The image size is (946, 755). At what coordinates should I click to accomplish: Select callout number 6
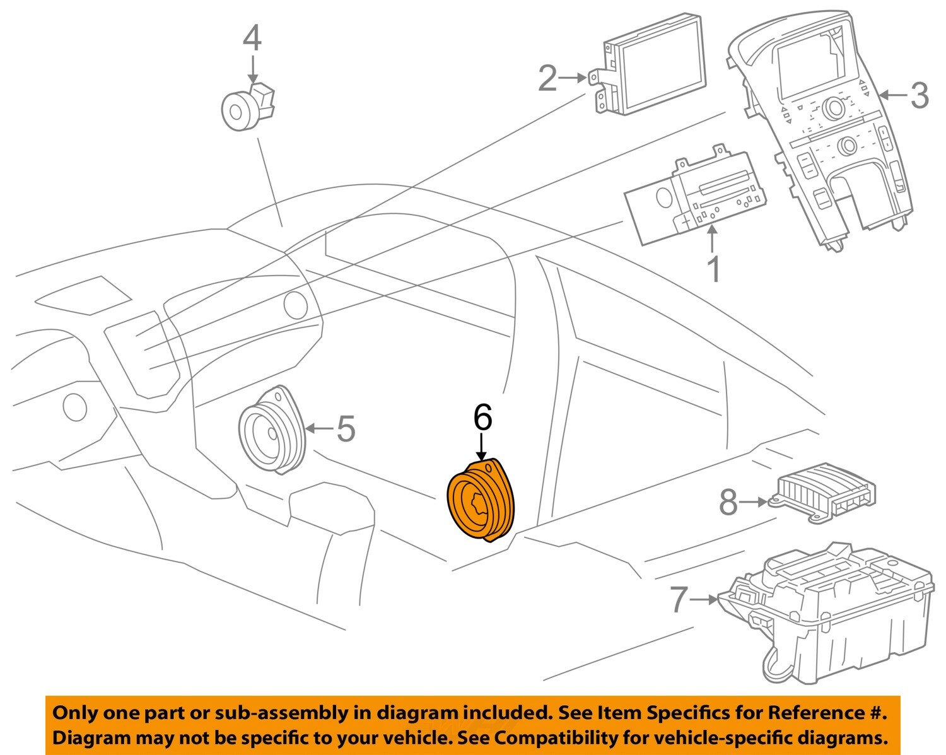[x=482, y=418]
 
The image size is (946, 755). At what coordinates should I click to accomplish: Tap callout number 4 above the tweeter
[x=252, y=38]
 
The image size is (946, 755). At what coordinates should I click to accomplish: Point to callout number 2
[x=547, y=79]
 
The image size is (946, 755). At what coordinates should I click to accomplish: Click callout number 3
[x=920, y=95]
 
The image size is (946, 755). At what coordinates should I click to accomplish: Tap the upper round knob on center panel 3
[x=835, y=108]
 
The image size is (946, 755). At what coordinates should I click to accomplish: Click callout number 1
[x=713, y=270]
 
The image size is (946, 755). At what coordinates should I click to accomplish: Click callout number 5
[x=345, y=429]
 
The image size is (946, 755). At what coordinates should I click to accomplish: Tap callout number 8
[x=728, y=503]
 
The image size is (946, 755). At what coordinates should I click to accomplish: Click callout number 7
[x=678, y=599]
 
